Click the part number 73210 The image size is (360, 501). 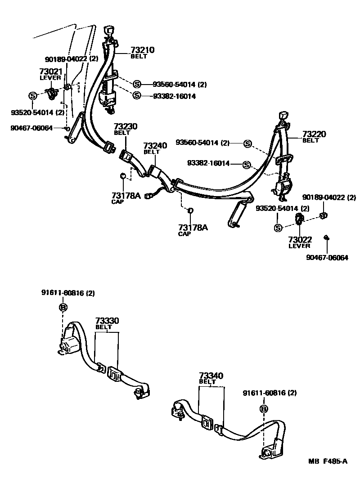pyautogui.click(x=143, y=50)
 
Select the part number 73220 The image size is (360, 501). pyautogui.click(x=314, y=134)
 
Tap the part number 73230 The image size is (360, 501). pyautogui.click(x=126, y=127)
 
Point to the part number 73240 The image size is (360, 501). pyautogui.click(x=155, y=146)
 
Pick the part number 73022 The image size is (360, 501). pyautogui.click(x=300, y=240)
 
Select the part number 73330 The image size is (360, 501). pyautogui.click(x=107, y=321)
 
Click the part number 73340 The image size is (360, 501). pyautogui.click(x=211, y=376)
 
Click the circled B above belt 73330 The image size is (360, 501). pyautogui.click(x=63, y=307)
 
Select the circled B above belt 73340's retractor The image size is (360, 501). pyautogui.click(x=264, y=409)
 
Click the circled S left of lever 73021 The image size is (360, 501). pyautogui.click(x=32, y=95)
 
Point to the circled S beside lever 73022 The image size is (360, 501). pyautogui.click(x=278, y=228)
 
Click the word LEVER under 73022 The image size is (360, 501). pyautogui.click(x=300, y=246)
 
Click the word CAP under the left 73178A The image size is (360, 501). pyautogui.click(x=117, y=201)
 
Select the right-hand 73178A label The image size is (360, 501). pyautogui.click(x=193, y=228)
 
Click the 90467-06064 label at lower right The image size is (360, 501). pyautogui.click(x=327, y=258)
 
